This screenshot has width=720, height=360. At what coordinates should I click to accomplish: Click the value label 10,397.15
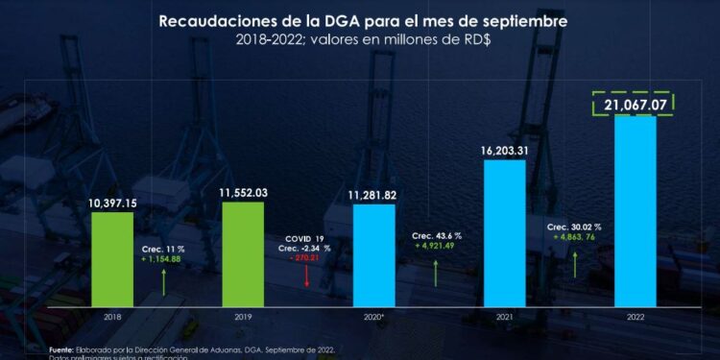112,203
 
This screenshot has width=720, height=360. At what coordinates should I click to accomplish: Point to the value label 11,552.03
243,193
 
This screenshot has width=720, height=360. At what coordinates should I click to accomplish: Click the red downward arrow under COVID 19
304,276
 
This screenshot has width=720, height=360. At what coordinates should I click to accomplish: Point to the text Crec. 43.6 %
437,235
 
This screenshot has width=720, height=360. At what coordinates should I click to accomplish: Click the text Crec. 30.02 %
573,228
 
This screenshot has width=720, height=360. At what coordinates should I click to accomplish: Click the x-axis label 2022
635,315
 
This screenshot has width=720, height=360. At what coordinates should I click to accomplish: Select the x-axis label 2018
112,315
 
